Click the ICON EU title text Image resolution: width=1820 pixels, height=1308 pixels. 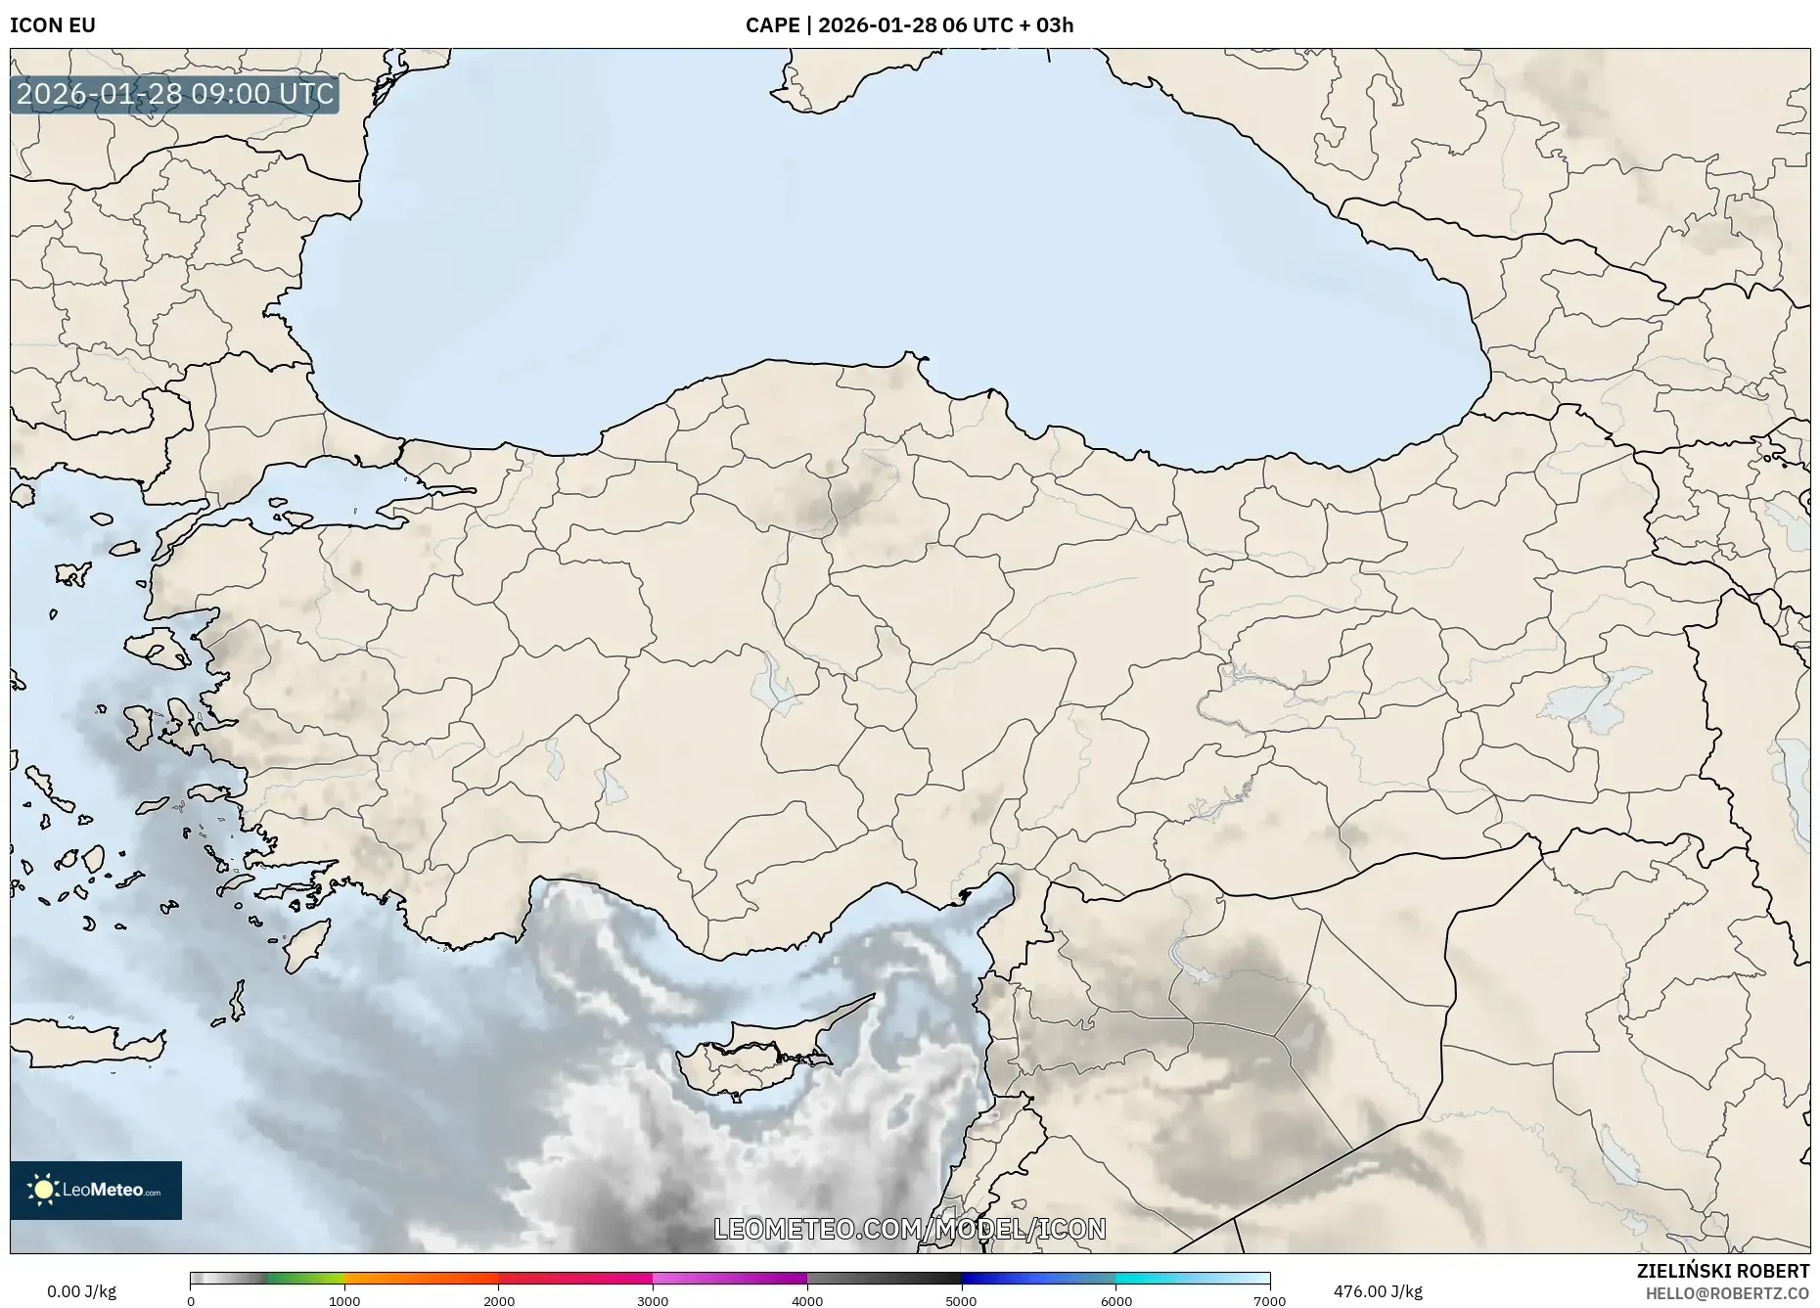click(53, 25)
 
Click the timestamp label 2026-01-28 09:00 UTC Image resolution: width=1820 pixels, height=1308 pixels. click(175, 94)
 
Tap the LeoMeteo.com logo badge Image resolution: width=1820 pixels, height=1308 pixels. click(96, 1190)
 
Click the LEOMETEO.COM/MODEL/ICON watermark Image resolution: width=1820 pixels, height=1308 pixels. click(910, 1229)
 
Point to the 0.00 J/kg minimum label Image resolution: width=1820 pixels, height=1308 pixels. click(81, 1291)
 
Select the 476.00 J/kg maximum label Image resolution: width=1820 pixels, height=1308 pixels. click(1378, 1291)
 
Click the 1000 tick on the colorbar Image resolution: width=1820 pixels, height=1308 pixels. click(344, 1300)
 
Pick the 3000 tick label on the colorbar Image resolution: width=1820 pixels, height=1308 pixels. click(653, 1300)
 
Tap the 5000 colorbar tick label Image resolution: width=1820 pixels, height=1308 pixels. click(961, 1300)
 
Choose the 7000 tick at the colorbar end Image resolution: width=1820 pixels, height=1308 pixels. click(1269, 1300)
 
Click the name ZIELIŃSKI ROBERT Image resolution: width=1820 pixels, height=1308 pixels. click(1722, 1271)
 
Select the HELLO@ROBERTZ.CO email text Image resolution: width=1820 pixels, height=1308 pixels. click(1727, 1293)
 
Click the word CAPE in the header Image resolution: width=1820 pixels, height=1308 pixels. click(772, 25)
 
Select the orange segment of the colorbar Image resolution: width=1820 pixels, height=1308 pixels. click(421, 1279)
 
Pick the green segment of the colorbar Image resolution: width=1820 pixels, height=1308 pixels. click(305, 1279)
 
